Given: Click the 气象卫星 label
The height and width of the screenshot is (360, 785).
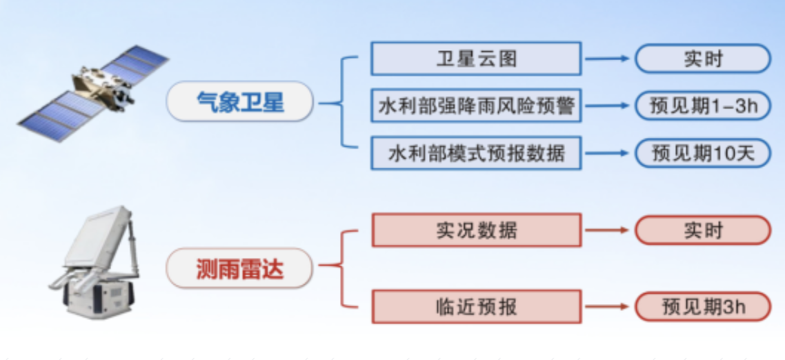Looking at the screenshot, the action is click(x=240, y=101).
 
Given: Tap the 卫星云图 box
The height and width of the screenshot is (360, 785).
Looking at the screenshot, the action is click(x=476, y=59).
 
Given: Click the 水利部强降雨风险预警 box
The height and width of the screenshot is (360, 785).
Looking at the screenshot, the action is click(x=476, y=106).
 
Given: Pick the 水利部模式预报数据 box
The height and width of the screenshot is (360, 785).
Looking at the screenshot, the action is click(x=476, y=152).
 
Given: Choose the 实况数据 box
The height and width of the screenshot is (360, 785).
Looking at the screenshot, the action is click(x=477, y=230).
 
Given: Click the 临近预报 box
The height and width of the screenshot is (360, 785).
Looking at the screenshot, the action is click(x=477, y=306).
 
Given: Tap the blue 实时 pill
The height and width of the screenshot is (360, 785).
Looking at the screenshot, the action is click(x=703, y=59).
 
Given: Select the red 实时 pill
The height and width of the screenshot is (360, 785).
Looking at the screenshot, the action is click(x=703, y=230).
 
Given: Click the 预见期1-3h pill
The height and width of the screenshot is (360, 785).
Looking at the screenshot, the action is click(x=703, y=106).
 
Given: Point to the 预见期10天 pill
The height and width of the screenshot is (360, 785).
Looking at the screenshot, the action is click(x=703, y=152).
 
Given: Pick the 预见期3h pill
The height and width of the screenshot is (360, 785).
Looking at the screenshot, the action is click(x=703, y=306).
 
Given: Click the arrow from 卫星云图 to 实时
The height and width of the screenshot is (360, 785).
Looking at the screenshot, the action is click(x=607, y=59).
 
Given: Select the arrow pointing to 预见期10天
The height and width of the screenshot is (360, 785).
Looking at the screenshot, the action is click(x=607, y=152).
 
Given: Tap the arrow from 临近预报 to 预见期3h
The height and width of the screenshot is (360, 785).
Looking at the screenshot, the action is click(x=607, y=306).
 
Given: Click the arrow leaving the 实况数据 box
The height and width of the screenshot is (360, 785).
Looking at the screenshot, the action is click(x=607, y=230).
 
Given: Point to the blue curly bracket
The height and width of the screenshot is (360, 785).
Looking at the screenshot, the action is click(x=342, y=103).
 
